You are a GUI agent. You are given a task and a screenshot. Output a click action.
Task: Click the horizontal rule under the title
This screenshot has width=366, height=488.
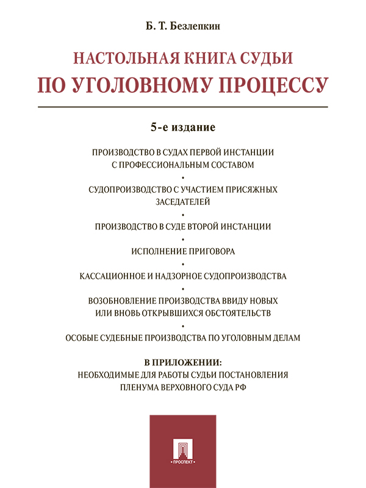pos(183,107)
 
